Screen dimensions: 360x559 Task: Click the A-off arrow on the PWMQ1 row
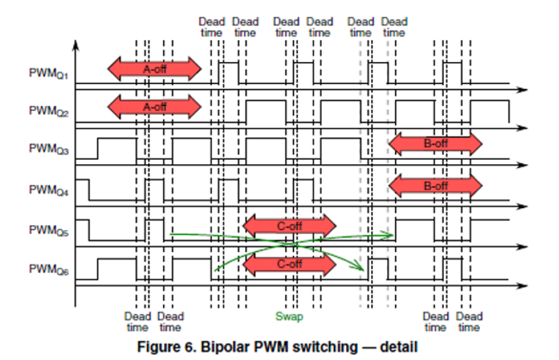tap(154, 69)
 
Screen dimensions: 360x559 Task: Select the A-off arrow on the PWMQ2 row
tap(154, 106)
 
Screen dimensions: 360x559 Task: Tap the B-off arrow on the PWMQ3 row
tap(435, 144)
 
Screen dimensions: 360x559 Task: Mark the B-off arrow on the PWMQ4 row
tap(435, 185)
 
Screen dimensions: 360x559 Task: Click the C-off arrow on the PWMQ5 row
tap(290, 226)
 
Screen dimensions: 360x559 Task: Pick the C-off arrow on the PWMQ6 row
tap(290, 264)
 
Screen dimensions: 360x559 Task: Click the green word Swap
tap(289, 317)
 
